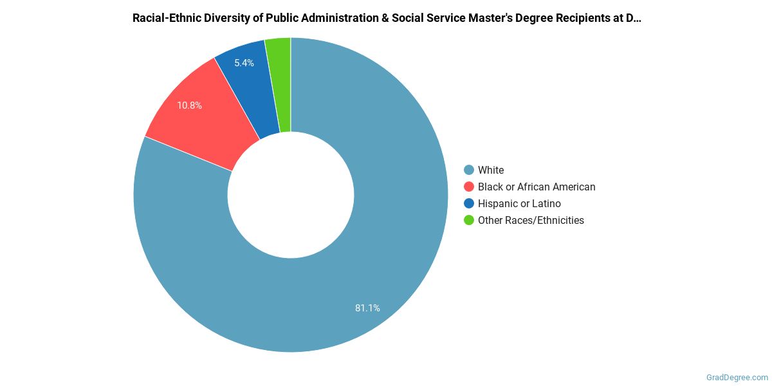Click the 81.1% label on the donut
coord(367,308)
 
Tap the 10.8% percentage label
coord(190,105)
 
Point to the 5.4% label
coord(244,63)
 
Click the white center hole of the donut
coord(291,195)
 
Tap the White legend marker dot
coord(469,170)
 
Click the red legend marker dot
coord(469,187)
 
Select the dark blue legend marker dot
coord(469,203)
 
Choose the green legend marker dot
coord(469,220)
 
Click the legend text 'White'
coord(491,170)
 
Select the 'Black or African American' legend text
coord(537,187)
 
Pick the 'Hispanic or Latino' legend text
coord(519,203)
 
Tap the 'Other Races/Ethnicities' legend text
coord(531,220)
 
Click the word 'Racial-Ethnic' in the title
coord(163,18)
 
